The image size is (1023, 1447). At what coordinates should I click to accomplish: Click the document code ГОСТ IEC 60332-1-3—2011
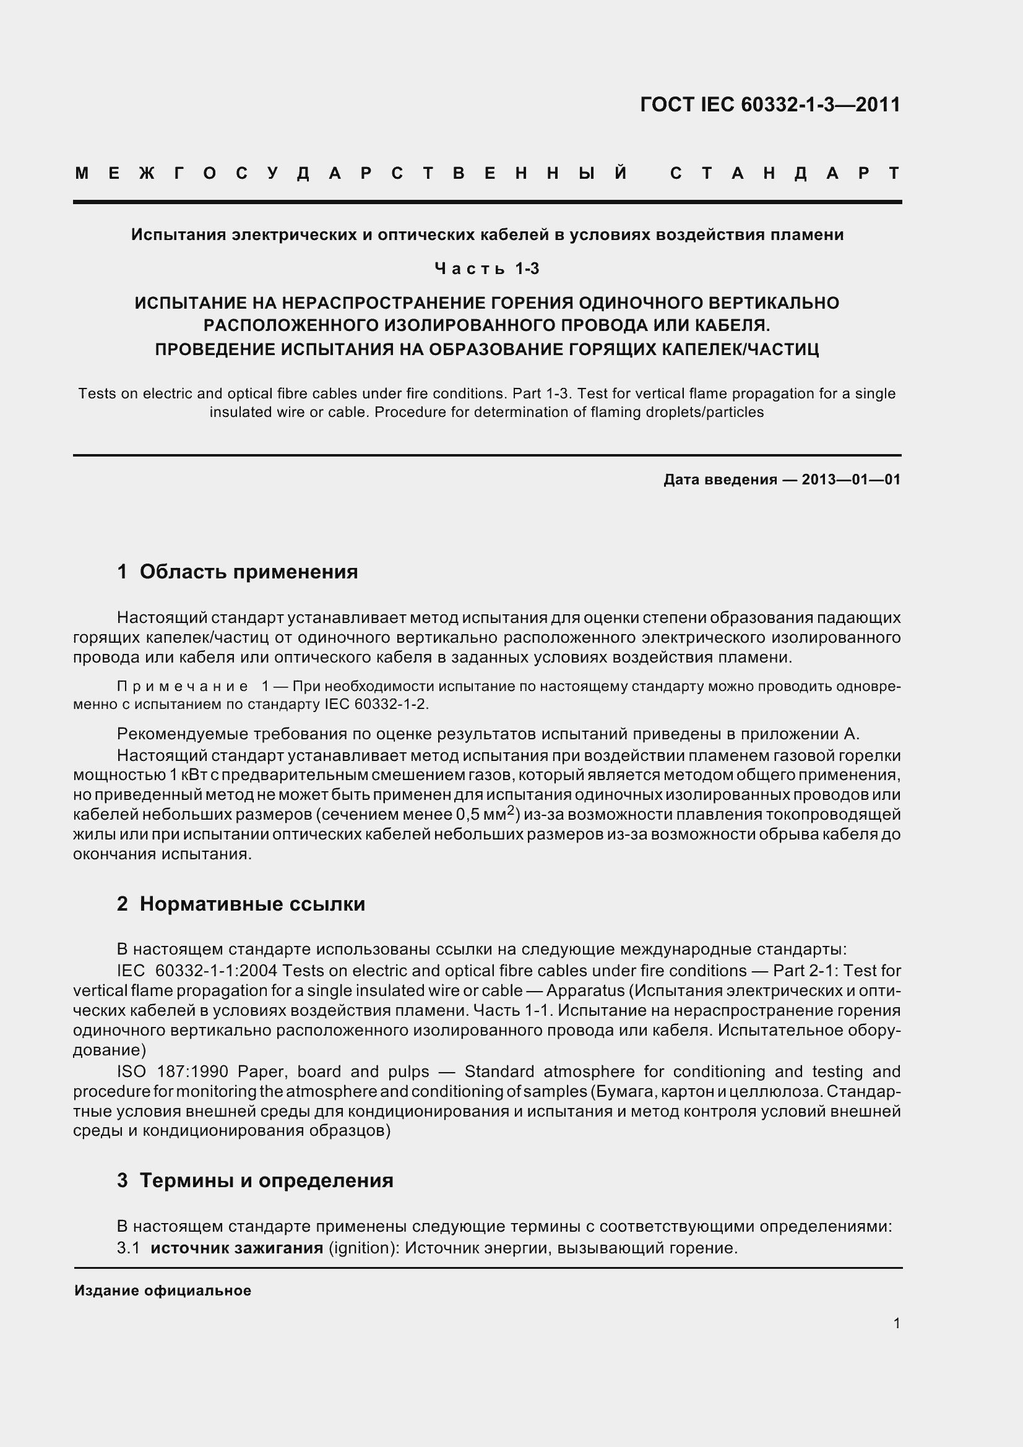tap(770, 105)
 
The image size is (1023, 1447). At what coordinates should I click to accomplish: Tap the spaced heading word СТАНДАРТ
tap(785, 173)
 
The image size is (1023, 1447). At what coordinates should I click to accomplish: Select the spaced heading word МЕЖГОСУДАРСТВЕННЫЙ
tap(351, 173)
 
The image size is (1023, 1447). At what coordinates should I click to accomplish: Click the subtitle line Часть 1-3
tap(486, 269)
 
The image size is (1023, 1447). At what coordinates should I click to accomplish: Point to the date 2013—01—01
tap(851, 479)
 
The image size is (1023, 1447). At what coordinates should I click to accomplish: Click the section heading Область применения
tap(248, 572)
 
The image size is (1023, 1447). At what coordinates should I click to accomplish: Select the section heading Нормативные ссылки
tap(252, 904)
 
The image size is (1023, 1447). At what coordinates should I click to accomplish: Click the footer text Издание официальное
tap(163, 1290)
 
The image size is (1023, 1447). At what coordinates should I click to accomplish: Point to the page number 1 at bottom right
tap(896, 1323)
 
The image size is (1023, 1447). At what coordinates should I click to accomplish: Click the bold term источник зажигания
tap(236, 1248)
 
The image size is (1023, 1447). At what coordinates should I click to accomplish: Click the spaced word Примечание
tap(183, 685)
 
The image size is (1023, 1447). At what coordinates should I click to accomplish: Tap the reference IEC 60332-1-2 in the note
tap(376, 704)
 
